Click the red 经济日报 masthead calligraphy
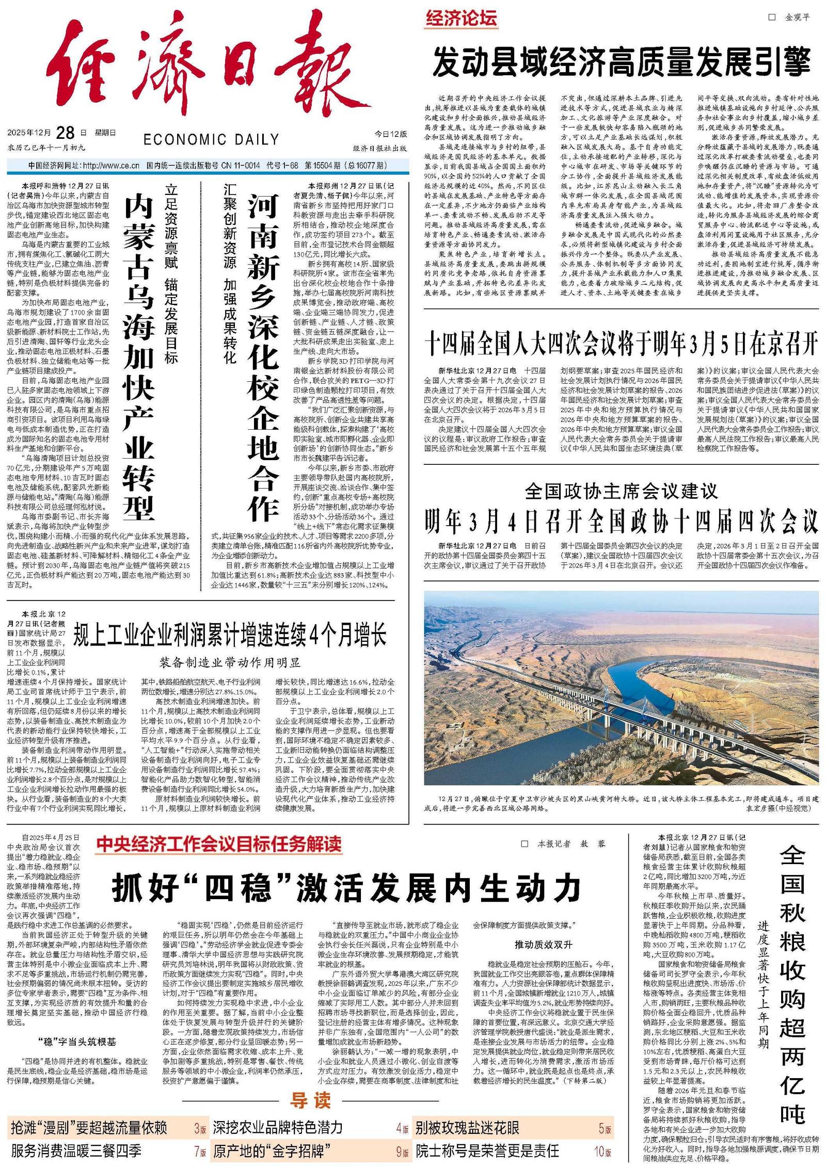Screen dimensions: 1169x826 [206, 72]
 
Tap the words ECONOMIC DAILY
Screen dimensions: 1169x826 [211, 140]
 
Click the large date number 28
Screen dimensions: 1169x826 [66, 133]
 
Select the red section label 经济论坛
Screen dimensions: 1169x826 [461, 19]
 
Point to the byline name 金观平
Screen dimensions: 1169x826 [797, 18]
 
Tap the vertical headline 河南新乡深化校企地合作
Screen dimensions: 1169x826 [263, 356]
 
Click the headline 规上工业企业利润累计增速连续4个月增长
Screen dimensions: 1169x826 [230, 635]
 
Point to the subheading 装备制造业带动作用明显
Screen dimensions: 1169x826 [230, 662]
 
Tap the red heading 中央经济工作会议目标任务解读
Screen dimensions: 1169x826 [219, 844]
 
